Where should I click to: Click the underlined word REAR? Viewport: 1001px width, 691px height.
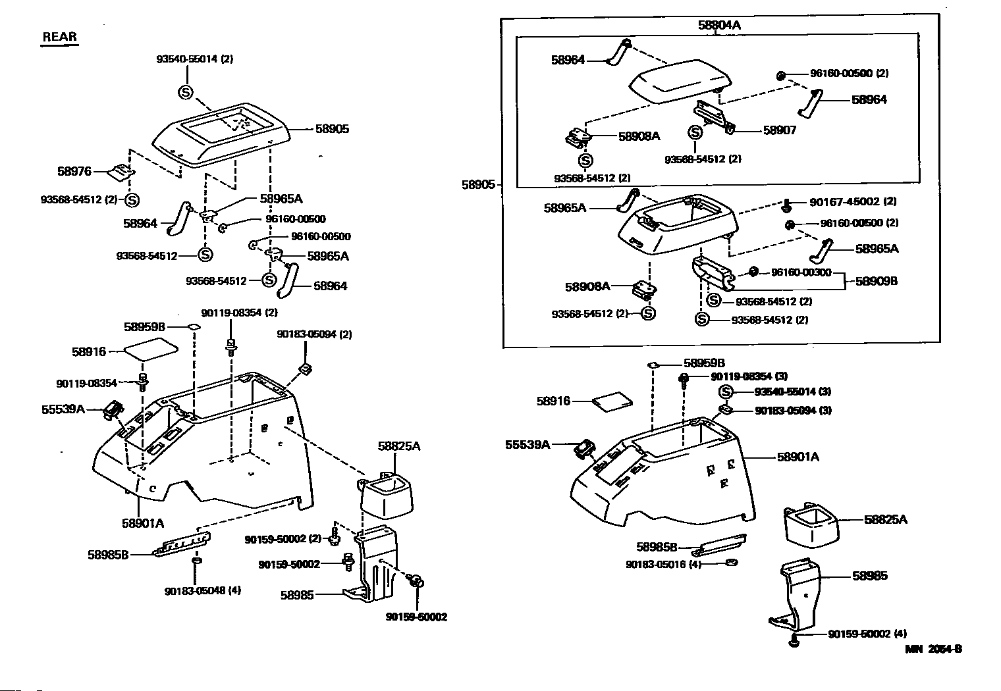tap(60, 37)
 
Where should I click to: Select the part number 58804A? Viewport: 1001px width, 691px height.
tap(719, 26)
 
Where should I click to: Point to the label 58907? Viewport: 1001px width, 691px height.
tap(779, 130)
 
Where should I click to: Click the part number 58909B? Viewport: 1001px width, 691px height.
tap(876, 281)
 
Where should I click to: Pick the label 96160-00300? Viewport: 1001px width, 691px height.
tap(801, 272)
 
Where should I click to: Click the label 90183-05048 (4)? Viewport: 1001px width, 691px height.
tap(203, 590)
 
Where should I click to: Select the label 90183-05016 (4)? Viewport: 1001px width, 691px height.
tap(663, 564)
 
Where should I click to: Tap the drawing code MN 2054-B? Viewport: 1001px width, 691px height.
tap(933, 649)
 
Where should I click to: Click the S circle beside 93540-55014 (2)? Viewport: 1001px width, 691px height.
tap(185, 92)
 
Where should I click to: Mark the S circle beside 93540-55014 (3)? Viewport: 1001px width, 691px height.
tap(725, 392)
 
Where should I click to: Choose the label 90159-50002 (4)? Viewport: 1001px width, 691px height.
tap(867, 634)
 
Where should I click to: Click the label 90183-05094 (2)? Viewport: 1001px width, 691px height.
tap(314, 334)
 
